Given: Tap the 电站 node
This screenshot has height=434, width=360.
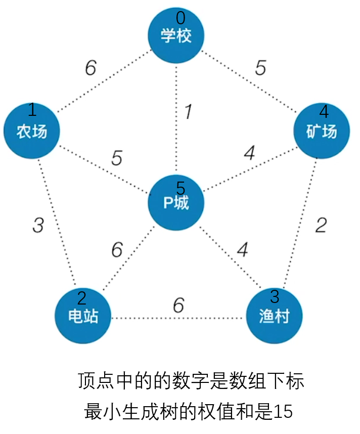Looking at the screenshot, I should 83,316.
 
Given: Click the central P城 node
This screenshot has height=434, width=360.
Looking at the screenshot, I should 176,202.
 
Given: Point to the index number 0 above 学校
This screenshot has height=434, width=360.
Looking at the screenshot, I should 181,18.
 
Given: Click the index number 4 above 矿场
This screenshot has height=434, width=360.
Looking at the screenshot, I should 324,111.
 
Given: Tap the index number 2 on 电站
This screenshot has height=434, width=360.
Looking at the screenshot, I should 81,298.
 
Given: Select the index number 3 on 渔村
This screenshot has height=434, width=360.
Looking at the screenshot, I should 275,296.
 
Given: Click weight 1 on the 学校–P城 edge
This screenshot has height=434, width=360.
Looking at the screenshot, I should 188,112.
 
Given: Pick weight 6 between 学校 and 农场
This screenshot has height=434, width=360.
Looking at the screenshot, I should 91,68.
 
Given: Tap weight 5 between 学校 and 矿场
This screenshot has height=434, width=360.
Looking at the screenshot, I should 260,68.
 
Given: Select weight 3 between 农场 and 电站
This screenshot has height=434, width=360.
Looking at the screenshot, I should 38,226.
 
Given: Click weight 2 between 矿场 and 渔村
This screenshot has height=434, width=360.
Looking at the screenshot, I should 321,226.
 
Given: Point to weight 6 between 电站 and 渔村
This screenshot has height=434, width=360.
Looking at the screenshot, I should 178,306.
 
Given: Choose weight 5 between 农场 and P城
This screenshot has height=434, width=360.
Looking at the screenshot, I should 117,158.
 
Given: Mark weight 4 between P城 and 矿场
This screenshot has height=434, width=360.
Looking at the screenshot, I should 249,153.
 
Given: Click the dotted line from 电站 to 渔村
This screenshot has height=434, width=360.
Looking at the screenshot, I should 152,319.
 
